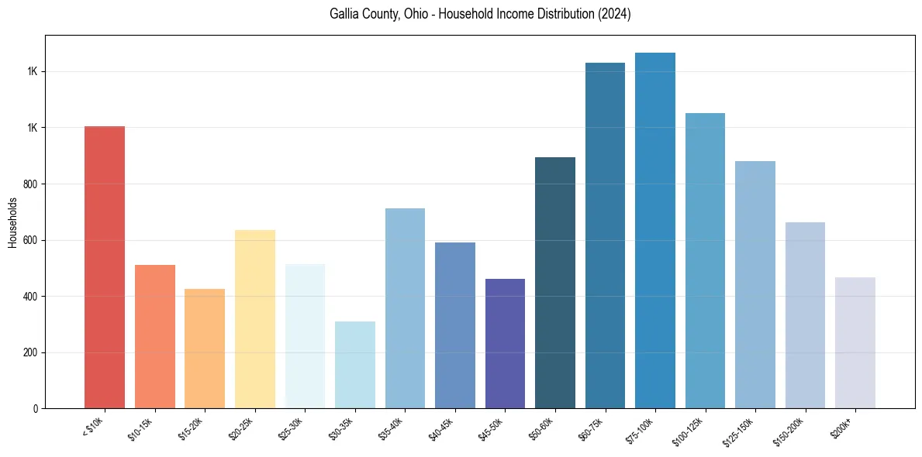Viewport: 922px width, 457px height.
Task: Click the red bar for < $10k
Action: pos(105,267)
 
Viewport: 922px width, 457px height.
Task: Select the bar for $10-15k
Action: pos(155,337)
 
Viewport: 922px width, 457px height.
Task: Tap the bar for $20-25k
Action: pos(255,319)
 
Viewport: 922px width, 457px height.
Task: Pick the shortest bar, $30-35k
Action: pos(355,365)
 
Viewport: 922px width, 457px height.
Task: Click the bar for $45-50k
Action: pos(505,344)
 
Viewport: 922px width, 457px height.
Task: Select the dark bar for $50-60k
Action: pos(555,283)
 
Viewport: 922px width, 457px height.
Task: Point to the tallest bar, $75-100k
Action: pos(655,231)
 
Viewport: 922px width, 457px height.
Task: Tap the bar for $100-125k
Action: pos(705,261)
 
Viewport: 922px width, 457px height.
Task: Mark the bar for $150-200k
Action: pos(805,315)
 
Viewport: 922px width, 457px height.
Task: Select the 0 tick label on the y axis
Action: pos(36,409)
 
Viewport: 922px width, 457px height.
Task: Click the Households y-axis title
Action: pos(12,222)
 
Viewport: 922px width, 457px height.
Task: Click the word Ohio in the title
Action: pos(418,14)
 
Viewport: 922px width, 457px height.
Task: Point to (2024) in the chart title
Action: pos(614,14)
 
